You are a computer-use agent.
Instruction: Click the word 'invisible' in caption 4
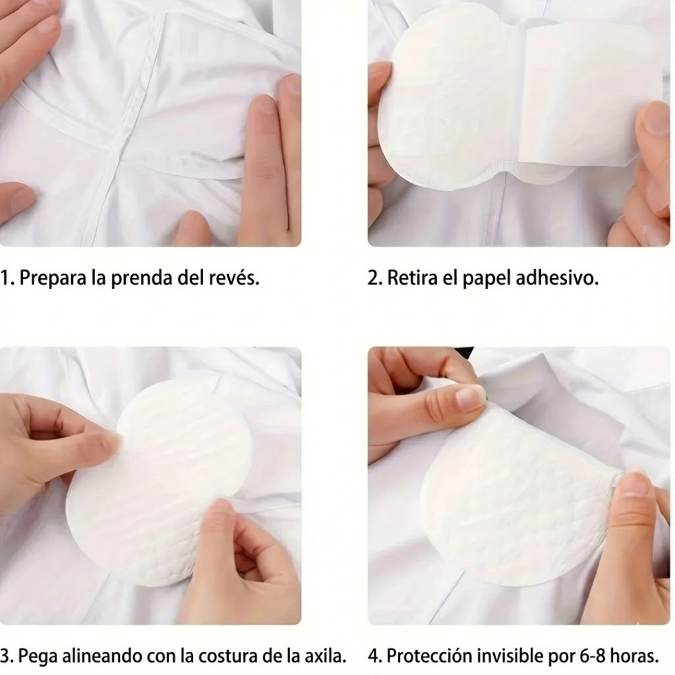point(512,657)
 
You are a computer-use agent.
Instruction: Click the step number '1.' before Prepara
point(7,278)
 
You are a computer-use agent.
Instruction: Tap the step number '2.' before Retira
point(374,278)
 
